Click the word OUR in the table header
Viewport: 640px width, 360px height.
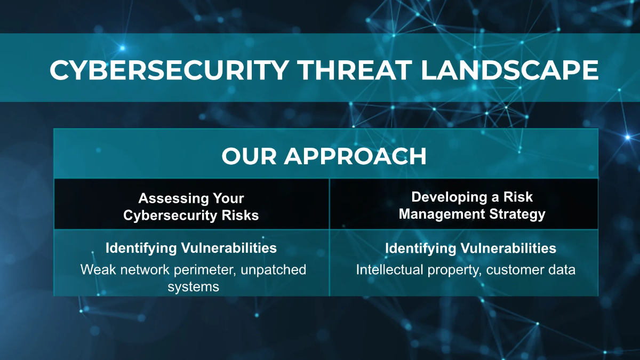pos(249,156)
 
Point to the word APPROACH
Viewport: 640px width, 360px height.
pos(355,156)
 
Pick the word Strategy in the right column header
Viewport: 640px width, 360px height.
pos(517,214)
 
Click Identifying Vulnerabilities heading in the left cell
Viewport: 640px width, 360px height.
pos(191,247)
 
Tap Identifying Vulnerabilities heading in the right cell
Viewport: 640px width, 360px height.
pos(470,248)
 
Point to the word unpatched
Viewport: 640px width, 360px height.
pos(273,269)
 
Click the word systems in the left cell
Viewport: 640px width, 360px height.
pos(193,286)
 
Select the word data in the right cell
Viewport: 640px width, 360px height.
pos(561,269)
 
